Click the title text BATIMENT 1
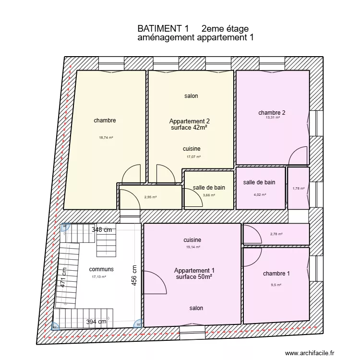pyautogui.click(x=163, y=29)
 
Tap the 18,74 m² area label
pyautogui.click(x=106, y=138)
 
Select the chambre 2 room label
pyautogui.click(x=272, y=113)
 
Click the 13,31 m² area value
pyautogui.click(x=269, y=118)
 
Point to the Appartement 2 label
pyautogui.click(x=189, y=121)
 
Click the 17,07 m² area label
pyautogui.click(x=193, y=157)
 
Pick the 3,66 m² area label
pyautogui.click(x=209, y=195)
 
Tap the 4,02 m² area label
pyautogui.click(x=259, y=195)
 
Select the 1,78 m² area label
pyautogui.click(x=298, y=189)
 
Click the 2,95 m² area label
pyautogui.click(x=151, y=197)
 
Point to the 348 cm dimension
pyautogui.click(x=101, y=229)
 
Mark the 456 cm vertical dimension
pyautogui.click(x=135, y=276)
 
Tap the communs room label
pyautogui.click(x=101, y=269)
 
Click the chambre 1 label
pyautogui.click(x=276, y=274)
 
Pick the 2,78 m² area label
pyautogui.click(x=276, y=234)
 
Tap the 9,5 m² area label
pyautogui.click(x=276, y=285)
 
